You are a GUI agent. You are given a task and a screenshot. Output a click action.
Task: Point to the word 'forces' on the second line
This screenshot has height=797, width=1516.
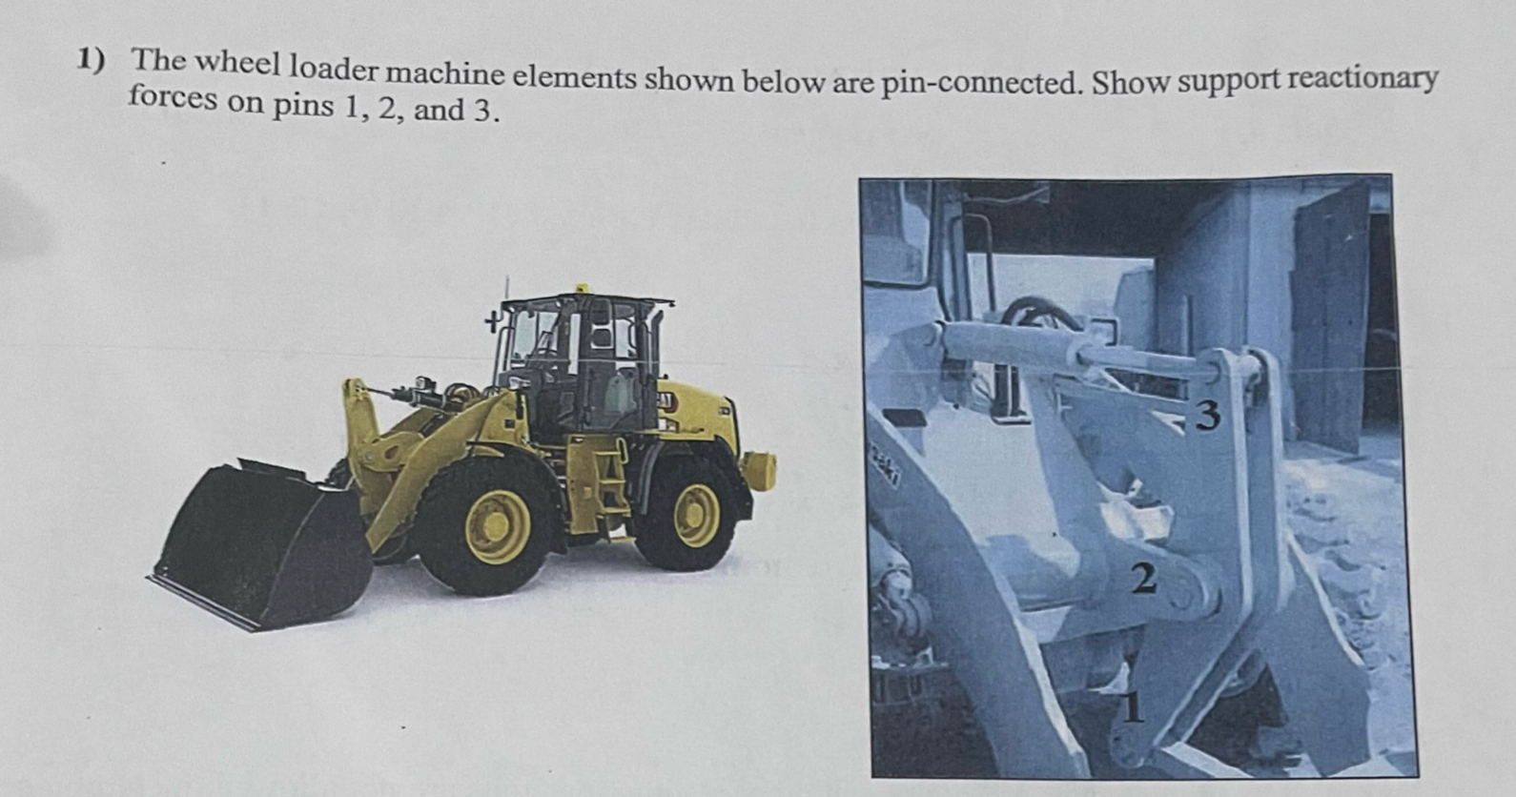pyautogui.click(x=173, y=99)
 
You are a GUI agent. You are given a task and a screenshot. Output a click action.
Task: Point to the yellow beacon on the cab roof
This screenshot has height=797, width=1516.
pyautogui.click(x=579, y=287)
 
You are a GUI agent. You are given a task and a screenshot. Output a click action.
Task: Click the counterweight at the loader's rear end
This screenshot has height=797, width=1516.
pyautogui.click(x=760, y=470)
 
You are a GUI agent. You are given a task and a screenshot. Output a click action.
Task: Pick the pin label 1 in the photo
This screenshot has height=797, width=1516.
pyautogui.click(x=1132, y=706)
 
